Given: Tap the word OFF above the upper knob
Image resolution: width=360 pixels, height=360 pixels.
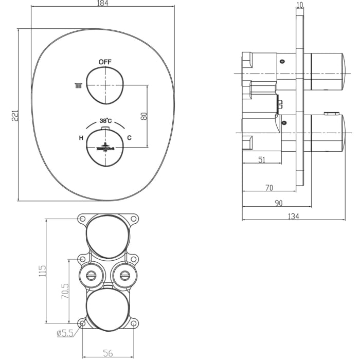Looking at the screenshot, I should pyautogui.click(x=105, y=62).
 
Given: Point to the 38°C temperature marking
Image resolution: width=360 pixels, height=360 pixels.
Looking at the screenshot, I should pyautogui.click(x=106, y=121).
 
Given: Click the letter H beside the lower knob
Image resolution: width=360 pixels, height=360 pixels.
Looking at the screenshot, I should pyautogui.click(x=81, y=138).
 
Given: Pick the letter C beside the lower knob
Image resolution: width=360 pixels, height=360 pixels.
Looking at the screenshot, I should pyautogui.click(x=129, y=138).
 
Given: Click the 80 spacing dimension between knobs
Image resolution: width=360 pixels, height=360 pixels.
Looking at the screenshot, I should pyautogui.click(x=144, y=116).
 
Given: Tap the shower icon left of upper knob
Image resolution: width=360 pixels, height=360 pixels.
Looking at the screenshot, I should pyautogui.click(x=78, y=85).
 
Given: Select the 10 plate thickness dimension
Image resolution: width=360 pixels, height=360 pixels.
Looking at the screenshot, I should pyautogui.click(x=300, y=5).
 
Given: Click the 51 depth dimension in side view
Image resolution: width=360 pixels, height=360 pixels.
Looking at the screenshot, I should pyautogui.click(x=261, y=160).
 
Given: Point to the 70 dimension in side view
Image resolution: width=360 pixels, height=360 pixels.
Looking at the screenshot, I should pyautogui.click(x=268, y=188).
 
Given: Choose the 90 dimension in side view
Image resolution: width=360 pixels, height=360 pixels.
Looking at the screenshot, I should pyautogui.click(x=278, y=203).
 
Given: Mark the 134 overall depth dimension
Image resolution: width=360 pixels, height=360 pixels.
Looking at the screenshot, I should pyautogui.click(x=293, y=216).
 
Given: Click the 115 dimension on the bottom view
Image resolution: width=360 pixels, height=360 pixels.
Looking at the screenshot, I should pyautogui.click(x=43, y=271).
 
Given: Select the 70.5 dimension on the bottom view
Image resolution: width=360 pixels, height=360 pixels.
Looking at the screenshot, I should pyautogui.click(x=65, y=292).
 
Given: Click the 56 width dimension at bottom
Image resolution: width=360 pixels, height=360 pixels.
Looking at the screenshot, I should pyautogui.click(x=108, y=353).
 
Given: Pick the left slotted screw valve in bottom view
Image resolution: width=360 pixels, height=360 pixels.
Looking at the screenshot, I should pyautogui.click(x=91, y=275).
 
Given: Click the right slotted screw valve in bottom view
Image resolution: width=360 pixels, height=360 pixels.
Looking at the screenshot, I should pyautogui.click(x=124, y=275).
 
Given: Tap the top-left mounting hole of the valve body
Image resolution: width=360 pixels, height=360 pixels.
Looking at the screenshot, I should pyautogui.click(x=82, y=219).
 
